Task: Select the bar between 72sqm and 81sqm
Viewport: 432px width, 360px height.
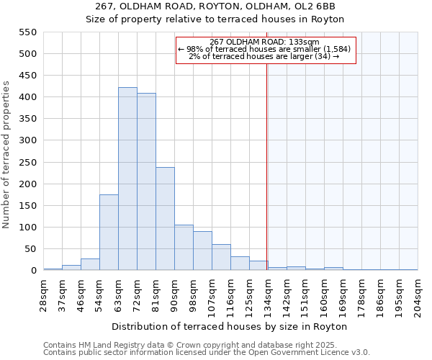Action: point(146,183)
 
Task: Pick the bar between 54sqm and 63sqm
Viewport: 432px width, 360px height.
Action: point(109,233)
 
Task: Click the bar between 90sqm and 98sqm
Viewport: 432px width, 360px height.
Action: point(184,248)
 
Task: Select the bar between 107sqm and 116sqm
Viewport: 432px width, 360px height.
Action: point(221,258)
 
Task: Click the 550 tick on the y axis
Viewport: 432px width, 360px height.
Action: point(27,32)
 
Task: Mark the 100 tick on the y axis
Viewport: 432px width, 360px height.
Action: point(27,228)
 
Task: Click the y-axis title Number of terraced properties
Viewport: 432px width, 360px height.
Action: point(7,155)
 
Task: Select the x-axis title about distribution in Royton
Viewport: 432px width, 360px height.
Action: point(230,326)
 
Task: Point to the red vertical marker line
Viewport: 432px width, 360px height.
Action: point(266,166)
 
